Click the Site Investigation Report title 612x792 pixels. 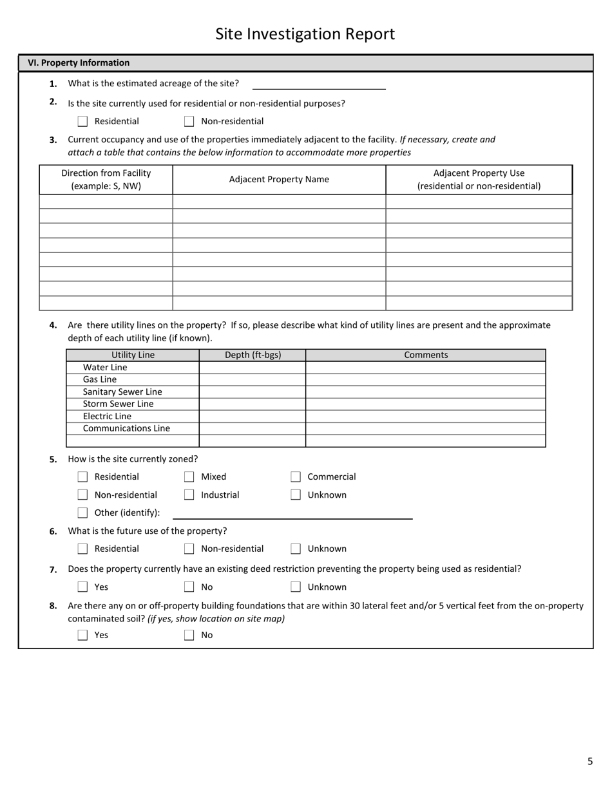pos(305,34)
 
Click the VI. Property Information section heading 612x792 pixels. pos(79,63)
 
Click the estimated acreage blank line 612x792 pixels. pos(319,84)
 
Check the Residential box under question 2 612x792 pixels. pos(82,121)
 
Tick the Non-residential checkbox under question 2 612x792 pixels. pos(189,121)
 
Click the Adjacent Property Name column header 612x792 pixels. pos(279,180)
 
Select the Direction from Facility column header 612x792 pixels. pos(106,180)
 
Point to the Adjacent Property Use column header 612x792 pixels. pos(479,180)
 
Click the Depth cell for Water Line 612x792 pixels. pos(252,368)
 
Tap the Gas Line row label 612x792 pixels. pos(100,380)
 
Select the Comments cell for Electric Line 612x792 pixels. pos(425,417)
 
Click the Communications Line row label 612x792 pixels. pos(126,429)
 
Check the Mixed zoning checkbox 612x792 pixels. pos(189,477)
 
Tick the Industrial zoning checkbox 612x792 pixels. pos(189,495)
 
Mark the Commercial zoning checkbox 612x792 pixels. pos(296,477)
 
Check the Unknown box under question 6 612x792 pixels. pos(296,549)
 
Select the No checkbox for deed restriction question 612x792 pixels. pos(189,587)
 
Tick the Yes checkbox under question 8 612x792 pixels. pos(82,636)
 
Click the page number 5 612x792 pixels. pos(589,762)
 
